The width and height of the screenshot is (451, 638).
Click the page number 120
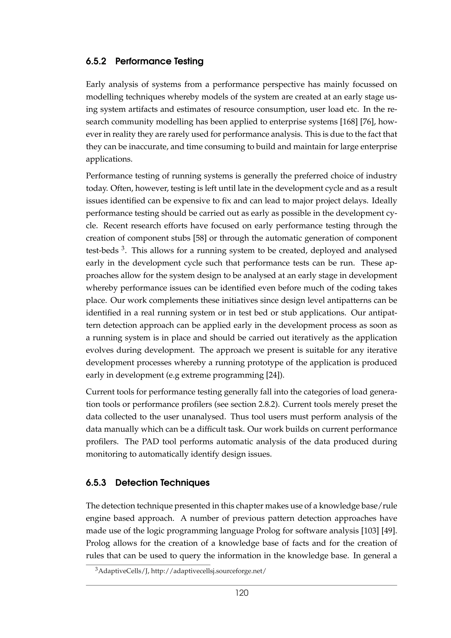coord(242,593)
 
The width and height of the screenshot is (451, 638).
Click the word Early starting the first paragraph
coord(95,85)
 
